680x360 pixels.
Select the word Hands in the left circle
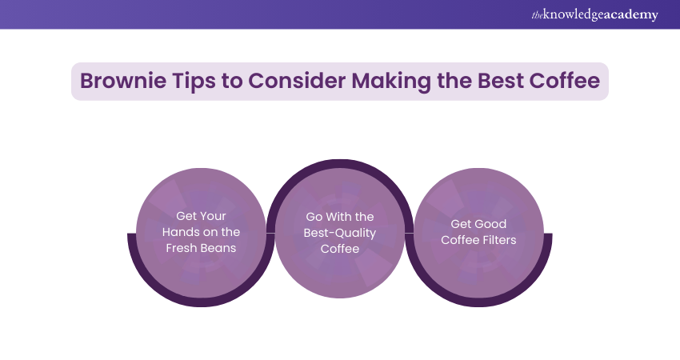181,232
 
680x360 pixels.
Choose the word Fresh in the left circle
182,248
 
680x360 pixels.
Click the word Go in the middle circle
314,217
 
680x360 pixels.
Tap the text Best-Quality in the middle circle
341,233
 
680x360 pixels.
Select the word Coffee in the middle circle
341,249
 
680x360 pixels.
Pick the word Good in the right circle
495,224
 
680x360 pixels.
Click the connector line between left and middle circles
270,233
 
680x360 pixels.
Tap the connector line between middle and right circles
409,233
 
